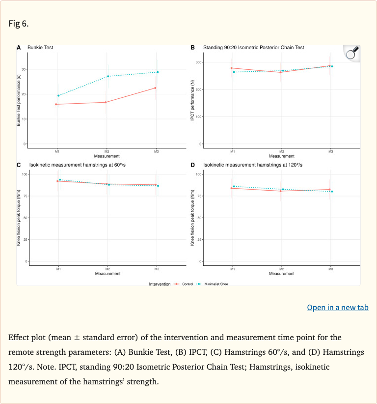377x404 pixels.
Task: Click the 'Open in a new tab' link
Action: click(337, 308)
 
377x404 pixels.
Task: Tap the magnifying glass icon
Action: click(351, 53)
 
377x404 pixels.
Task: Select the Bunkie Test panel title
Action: click(40, 48)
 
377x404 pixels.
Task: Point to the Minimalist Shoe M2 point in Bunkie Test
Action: click(108, 76)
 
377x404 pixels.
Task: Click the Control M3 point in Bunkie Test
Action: click(156, 88)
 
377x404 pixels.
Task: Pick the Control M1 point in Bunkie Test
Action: click(56, 104)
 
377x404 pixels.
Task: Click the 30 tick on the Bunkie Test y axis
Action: click(24, 69)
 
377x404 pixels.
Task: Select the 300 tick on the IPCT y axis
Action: click(198, 62)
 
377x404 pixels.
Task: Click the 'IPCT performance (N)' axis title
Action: click(192, 105)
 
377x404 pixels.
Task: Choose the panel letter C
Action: click(19, 165)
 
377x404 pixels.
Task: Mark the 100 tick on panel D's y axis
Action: click(198, 174)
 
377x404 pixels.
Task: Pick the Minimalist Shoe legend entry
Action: click(212, 284)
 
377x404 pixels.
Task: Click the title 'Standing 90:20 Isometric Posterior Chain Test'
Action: click(253, 48)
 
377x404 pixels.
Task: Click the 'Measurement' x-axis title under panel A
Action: click(107, 156)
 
